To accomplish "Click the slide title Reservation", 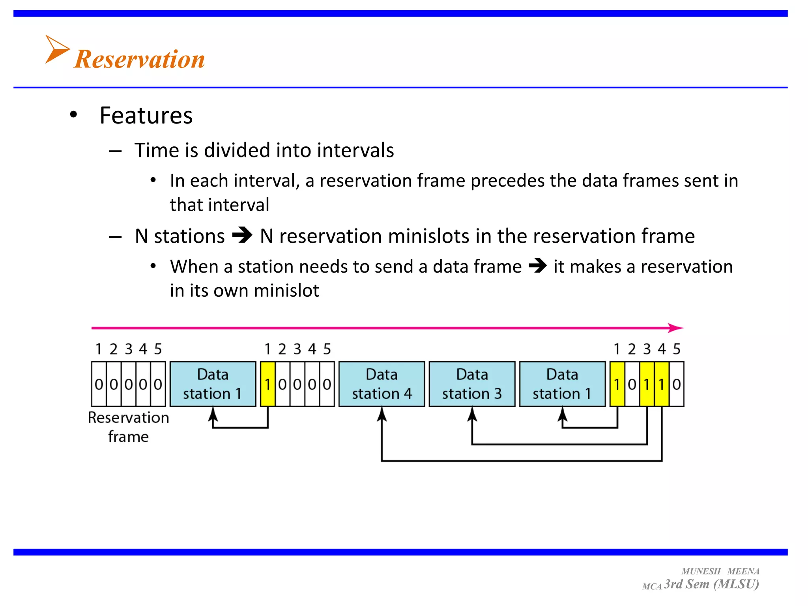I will pos(139,59).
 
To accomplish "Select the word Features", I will pos(146,116).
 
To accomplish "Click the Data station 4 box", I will pos(382,384).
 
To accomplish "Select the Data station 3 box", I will pos(472,384).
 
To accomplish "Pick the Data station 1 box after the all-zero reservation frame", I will pos(213,384).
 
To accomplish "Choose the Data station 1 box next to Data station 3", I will pos(562,384).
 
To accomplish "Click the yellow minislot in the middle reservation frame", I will pos(267,384).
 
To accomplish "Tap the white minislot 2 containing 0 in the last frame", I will pos(632,384).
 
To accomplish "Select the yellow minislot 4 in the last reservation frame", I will pos(662,384).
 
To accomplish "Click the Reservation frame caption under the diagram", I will pos(128,427).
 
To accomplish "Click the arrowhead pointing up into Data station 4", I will pos(382,414).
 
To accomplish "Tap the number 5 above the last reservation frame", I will pos(677,349).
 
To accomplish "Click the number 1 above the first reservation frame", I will pos(99,349).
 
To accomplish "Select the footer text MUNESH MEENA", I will pos(720,571).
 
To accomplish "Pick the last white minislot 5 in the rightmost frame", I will pos(677,384).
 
